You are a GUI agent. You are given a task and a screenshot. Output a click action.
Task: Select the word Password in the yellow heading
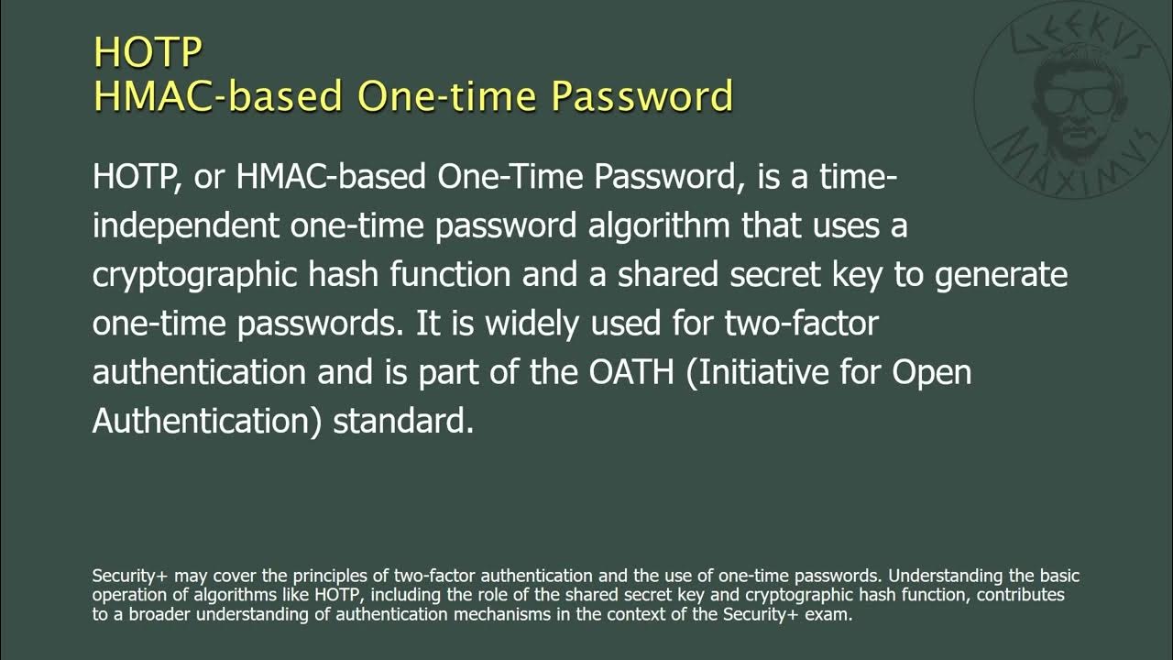(x=644, y=96)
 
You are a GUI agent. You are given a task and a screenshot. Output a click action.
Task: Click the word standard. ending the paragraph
(x=403, y=422)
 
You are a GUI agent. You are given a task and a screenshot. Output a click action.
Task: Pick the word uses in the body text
(x=824, y=225)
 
